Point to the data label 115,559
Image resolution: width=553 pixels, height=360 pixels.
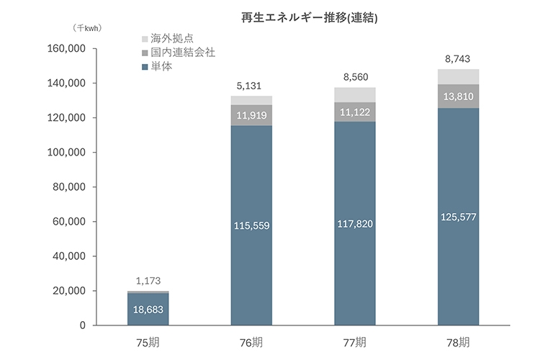[x=251, y=225]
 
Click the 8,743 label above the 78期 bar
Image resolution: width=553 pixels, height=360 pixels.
[x=458, y=59]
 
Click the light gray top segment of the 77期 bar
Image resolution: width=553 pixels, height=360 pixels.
[x=355, y=94]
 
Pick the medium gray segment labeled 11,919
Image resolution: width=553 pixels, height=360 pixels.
[x=251, y=116]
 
